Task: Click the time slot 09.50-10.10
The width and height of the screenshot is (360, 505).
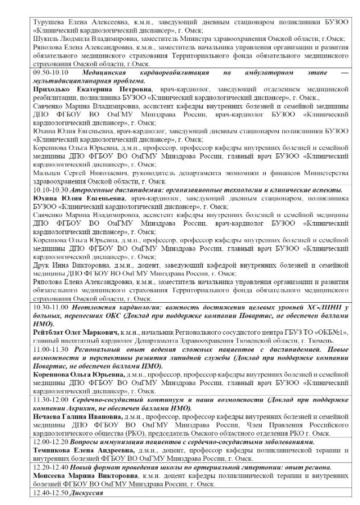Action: tap(49, 73)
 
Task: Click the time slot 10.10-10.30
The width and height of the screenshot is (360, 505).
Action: tap(49, 189)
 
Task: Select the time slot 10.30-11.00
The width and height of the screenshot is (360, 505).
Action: tap(49, 307)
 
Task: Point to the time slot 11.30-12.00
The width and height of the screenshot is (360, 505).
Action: tap(49, 400)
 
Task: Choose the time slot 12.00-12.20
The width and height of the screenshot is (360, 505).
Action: tap(49, 442)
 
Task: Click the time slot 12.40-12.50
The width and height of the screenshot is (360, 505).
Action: tap(49, 492)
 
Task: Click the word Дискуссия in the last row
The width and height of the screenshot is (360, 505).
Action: tap(86, 492)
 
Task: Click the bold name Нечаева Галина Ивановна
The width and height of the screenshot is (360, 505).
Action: tap(73, 417)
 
